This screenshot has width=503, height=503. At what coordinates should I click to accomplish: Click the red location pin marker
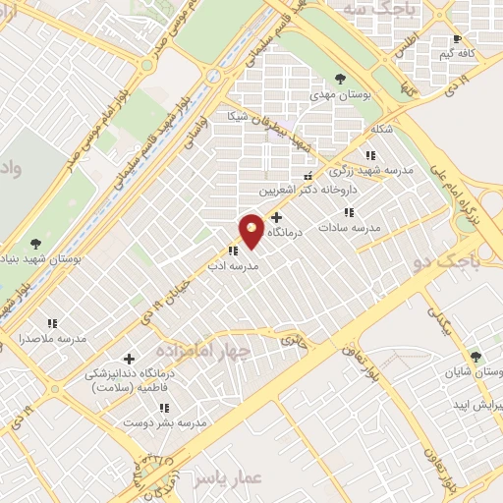pos(251,230)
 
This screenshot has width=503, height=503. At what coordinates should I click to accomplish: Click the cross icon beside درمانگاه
pos(276,218)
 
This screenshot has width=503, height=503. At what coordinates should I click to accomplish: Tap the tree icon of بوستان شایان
pos(476,358)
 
